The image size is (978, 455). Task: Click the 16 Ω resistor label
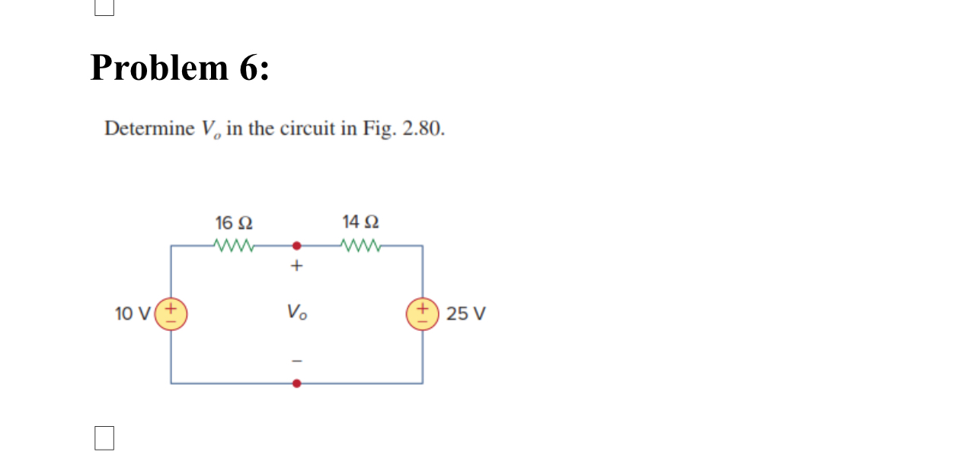click(234, 223)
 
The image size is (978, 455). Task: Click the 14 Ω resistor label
click(360, 222)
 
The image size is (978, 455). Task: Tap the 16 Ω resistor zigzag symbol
click(235, 246)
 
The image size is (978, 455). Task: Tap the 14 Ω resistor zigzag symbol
click(361, 246)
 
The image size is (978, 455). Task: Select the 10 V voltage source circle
click(171, 313)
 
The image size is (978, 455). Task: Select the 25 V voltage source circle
click(423, 313)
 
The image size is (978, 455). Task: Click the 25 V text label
click(465, 313)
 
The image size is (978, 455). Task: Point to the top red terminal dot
click(297, 246)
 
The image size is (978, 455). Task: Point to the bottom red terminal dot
click(297, 383)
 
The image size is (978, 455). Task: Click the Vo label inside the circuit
click(297, 312)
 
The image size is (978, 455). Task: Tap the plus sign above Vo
click(297, 266)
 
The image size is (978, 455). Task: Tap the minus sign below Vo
click(297, 361)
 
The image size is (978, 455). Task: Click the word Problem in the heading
click(159, 68)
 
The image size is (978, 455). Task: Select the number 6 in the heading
click(249, 68)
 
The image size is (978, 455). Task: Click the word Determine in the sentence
click(150, 129)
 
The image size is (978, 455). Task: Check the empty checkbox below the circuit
click(104, 438)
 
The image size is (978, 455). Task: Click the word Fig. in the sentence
click(378, 129)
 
